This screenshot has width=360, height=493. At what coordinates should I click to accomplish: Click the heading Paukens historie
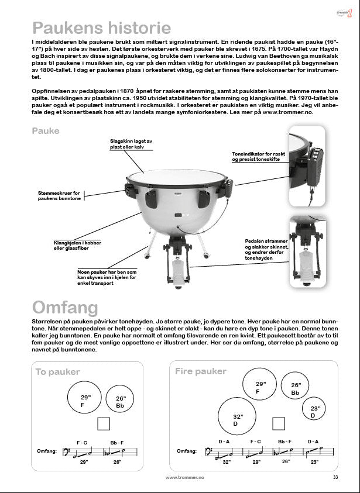point(101,27)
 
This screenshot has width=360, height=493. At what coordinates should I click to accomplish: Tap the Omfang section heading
point(65,308)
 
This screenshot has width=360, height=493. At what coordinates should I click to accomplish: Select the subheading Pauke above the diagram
point(46,131)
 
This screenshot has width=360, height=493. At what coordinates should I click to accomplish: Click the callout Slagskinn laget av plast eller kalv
point(131,144)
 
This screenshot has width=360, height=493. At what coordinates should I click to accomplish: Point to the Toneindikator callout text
point(257,157)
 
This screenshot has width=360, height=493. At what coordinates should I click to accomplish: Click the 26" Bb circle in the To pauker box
point(120,401)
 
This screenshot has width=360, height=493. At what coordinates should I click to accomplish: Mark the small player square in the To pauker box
point(104,425)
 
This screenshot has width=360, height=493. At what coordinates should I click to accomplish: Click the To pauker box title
point(57,372)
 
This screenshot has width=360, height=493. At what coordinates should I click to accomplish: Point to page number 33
point(335,478)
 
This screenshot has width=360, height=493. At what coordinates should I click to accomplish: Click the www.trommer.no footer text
point(184,478)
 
